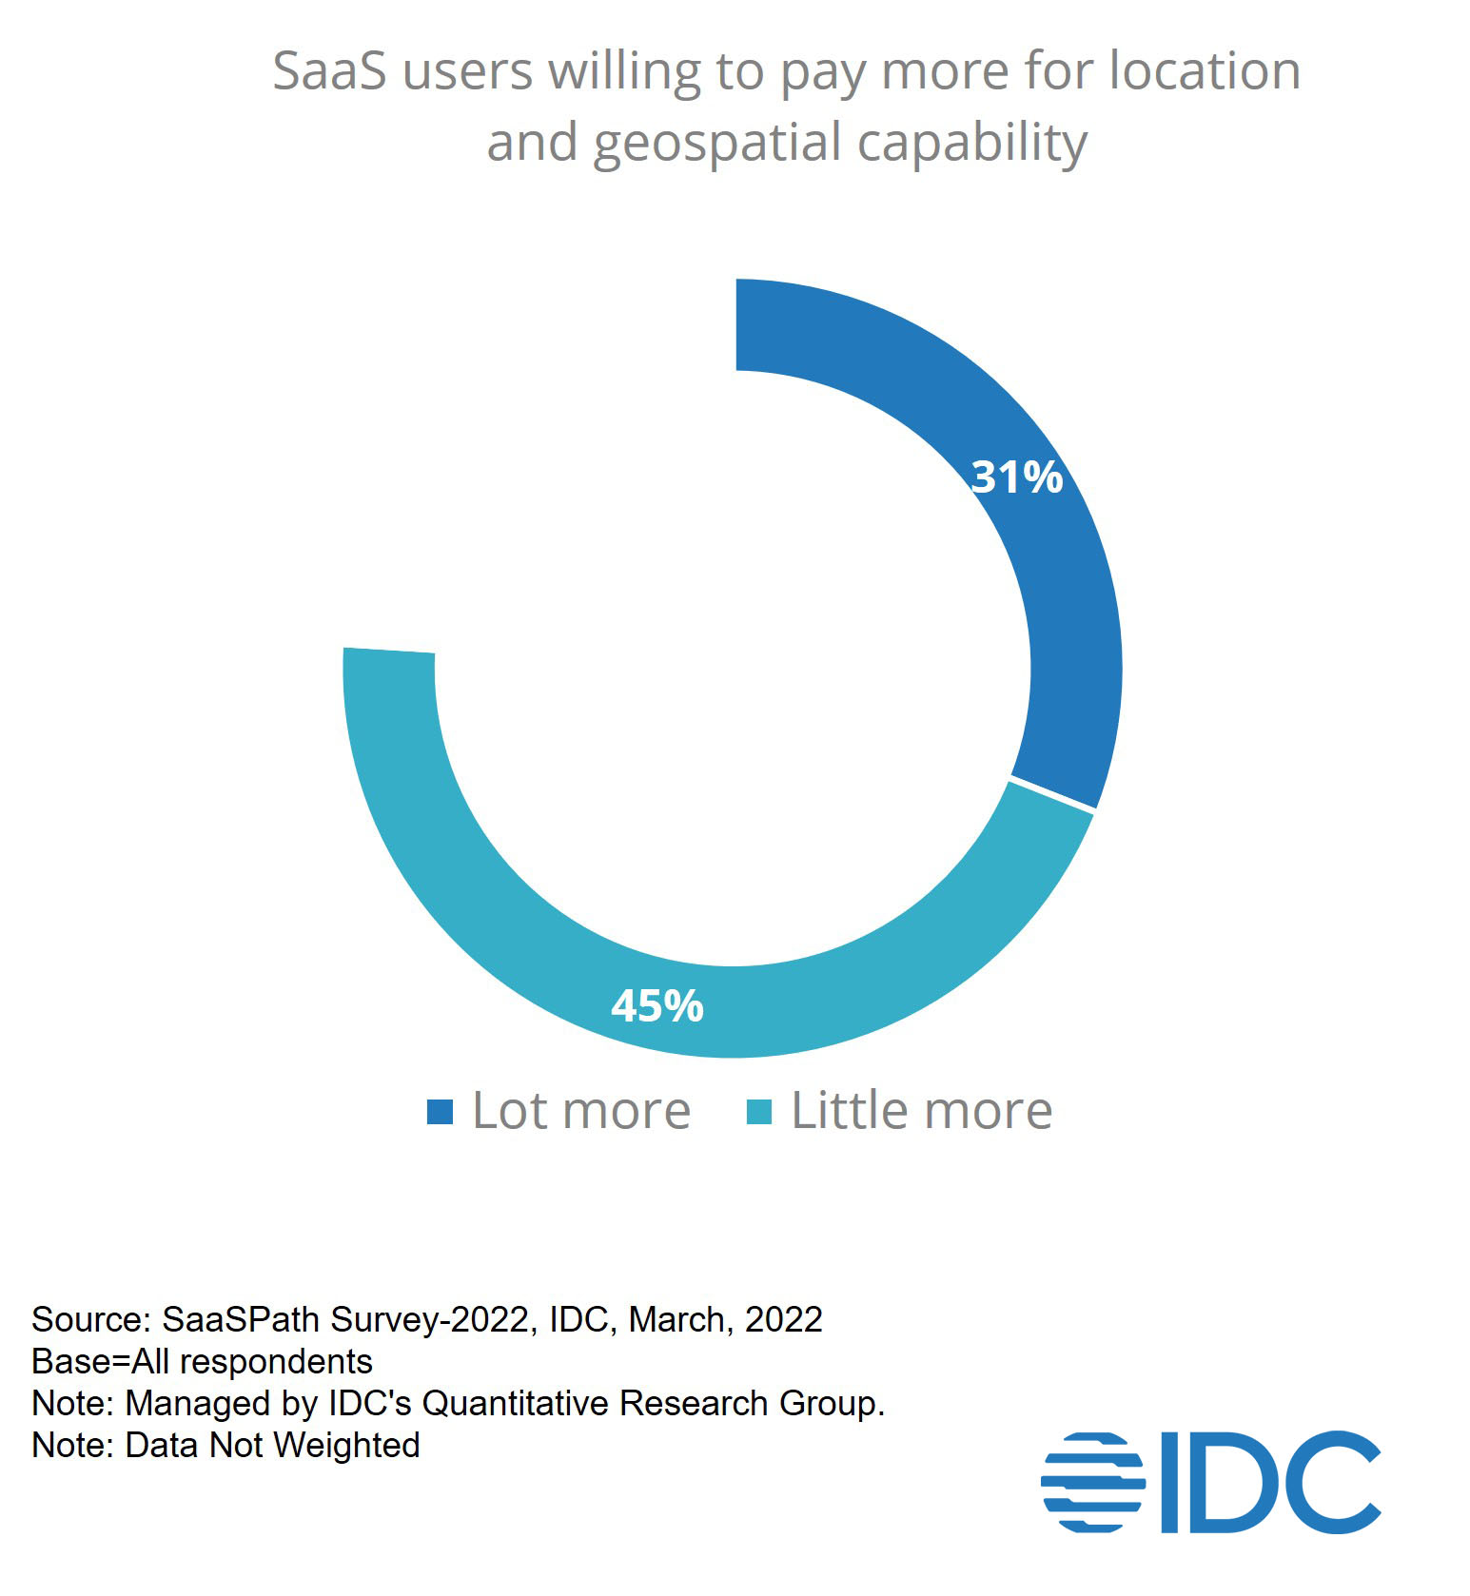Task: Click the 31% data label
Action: [1016, 477]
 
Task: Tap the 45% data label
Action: [657, 1005]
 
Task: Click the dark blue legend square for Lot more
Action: [440, 1111]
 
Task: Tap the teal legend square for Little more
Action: [758, 1111]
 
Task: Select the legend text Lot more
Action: [581, 1111]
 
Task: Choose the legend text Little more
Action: [921, 1111]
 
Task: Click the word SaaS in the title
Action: [329, 71]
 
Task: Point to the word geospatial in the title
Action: [718, 144]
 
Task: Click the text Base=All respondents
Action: [202, 1362]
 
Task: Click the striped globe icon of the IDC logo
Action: [1092, 1481]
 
